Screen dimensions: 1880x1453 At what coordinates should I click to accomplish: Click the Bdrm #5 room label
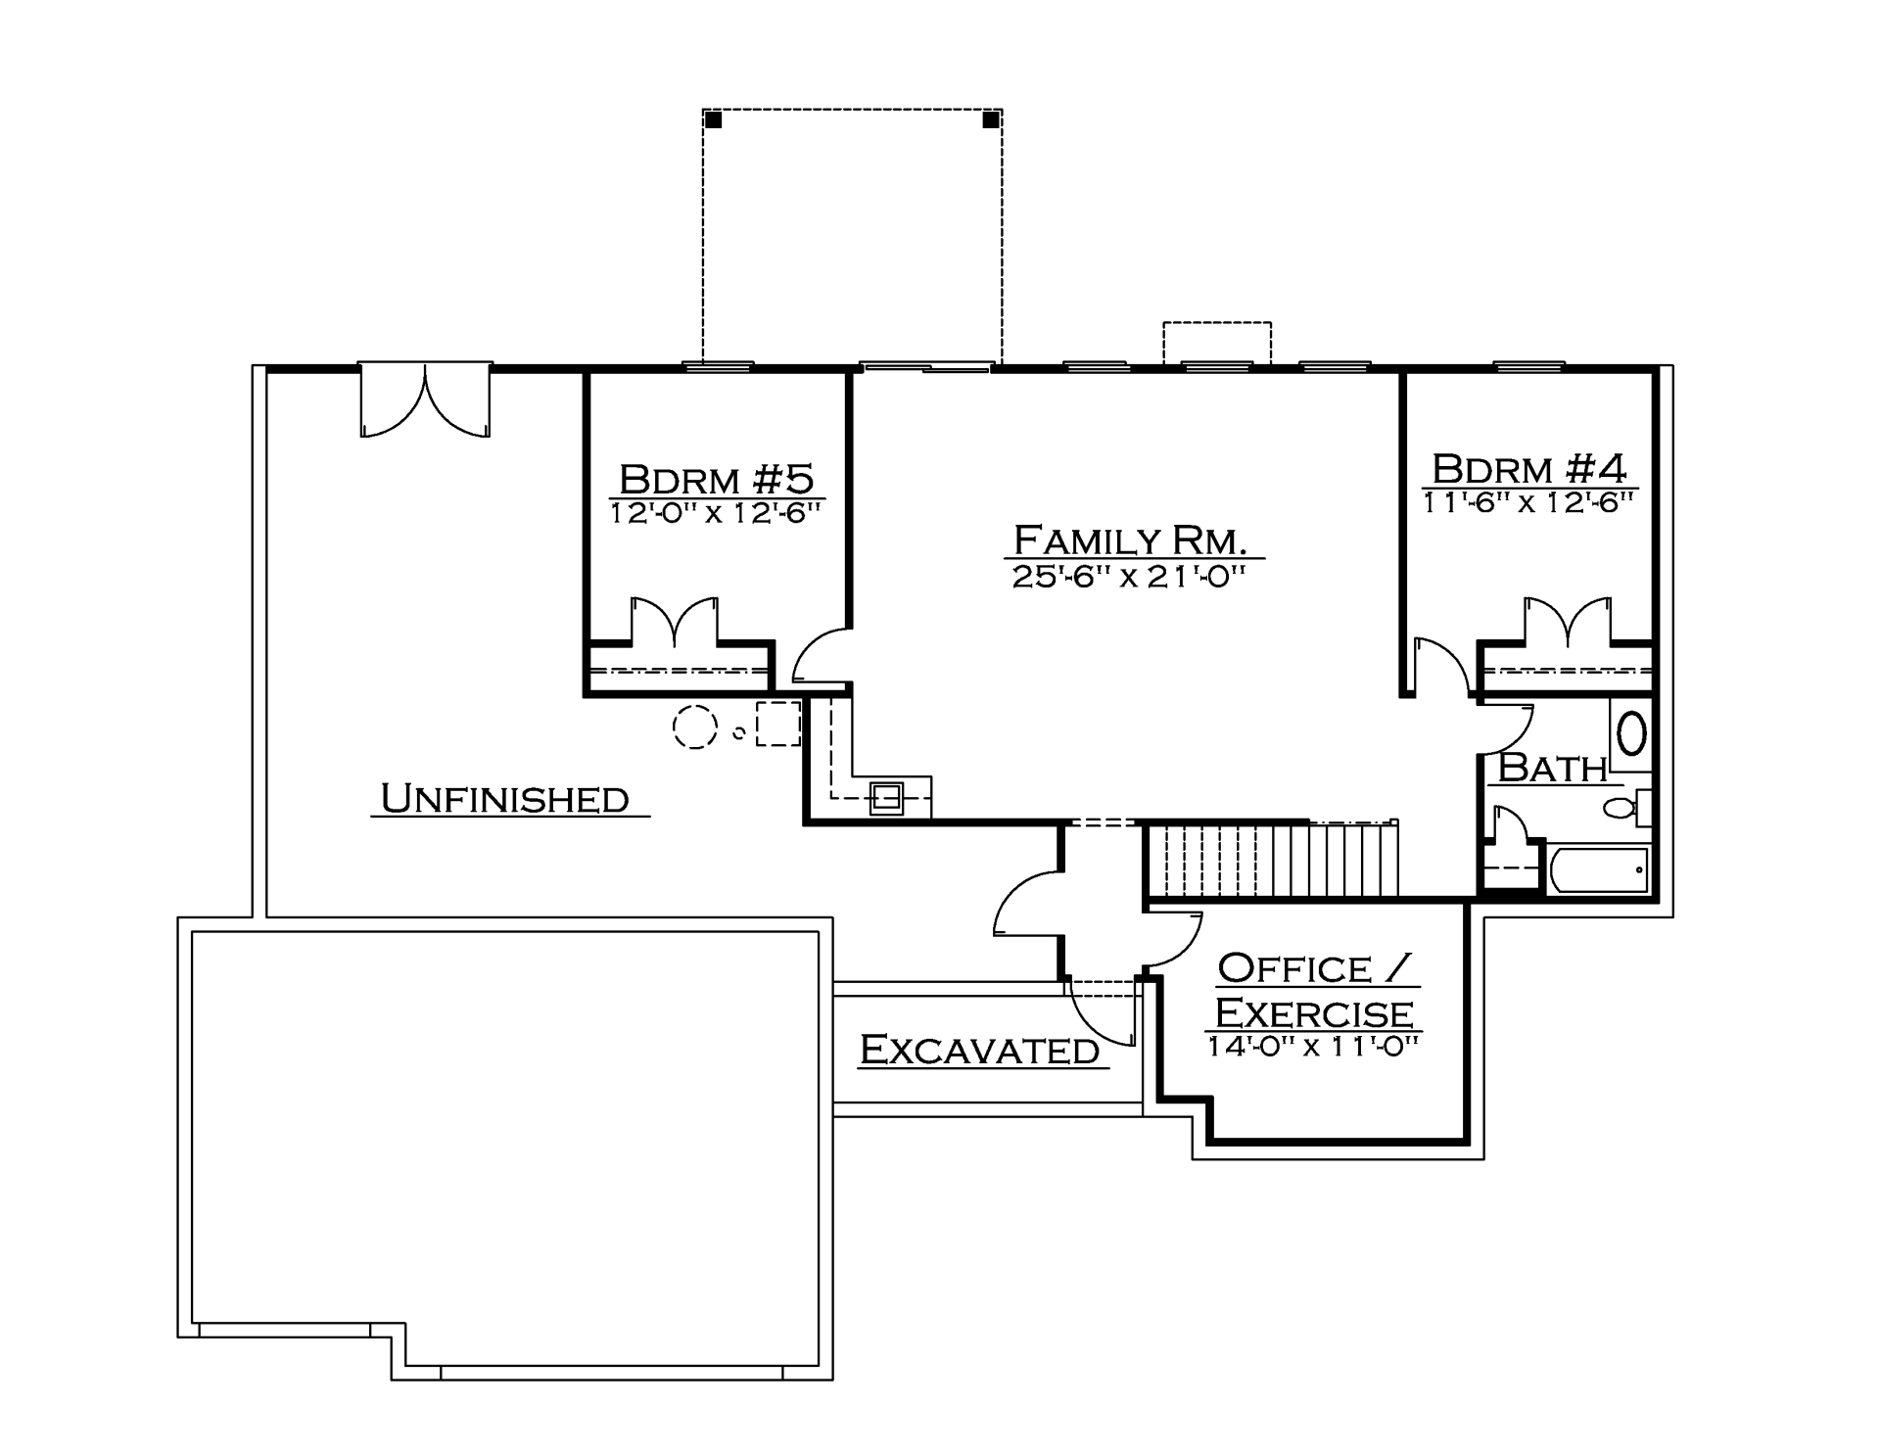pos(717,480)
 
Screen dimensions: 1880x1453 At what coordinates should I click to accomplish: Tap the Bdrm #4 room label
pos(1529,469)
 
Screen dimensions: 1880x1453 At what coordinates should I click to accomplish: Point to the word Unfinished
pos(504,799)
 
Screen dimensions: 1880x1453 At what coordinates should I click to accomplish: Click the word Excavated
pos(979,1050)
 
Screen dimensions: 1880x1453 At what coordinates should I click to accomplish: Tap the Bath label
pos(1553,768)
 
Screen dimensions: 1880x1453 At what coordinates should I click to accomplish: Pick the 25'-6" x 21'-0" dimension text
pos(1128,576)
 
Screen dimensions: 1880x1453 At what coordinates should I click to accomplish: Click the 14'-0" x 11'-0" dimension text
pos(1313,1046)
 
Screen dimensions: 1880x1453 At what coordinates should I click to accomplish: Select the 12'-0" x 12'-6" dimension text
pos(715,513)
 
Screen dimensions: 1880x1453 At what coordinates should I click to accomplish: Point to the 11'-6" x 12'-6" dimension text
pos(1528,502)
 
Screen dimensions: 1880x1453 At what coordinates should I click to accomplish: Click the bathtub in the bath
pos(1599,868)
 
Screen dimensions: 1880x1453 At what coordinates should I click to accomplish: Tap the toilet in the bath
pos(1626,808)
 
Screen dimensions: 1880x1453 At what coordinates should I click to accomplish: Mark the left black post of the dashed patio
pos(714,120)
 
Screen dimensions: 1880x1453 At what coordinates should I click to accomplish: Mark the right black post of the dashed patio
pos(991,120)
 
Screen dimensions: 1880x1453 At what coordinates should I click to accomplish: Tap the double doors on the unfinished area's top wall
pos(426,400)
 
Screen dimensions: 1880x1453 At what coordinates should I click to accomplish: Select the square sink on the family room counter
pos(888,798)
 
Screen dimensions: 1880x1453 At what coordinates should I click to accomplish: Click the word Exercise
pos(1314,1012)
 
